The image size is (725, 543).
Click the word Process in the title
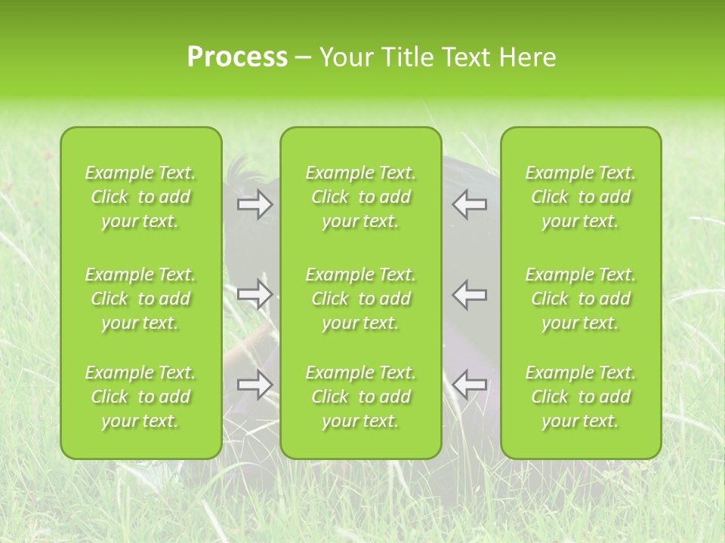click(237, 57)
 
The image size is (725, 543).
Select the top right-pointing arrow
click(255, 204)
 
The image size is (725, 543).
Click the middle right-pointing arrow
click(255, 293)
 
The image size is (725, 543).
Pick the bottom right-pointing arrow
click(255, 384)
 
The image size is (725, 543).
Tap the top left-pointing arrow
click(470, 204)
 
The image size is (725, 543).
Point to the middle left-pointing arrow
click(470, 293)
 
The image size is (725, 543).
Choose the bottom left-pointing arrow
click(470, 384)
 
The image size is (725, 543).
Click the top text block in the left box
click(140, 197)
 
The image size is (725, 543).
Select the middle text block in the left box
click(140, 299)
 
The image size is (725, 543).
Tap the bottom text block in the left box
click(140, 397)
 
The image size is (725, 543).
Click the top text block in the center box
click(361, 197)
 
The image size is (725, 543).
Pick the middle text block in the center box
click(361, 299)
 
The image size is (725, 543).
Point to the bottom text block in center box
click(361, 397)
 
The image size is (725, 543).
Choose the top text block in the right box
click(581, 197)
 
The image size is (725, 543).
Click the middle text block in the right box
click(581, 299)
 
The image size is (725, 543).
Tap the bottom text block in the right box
click(581, 397)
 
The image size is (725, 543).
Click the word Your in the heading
click(346, 57)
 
